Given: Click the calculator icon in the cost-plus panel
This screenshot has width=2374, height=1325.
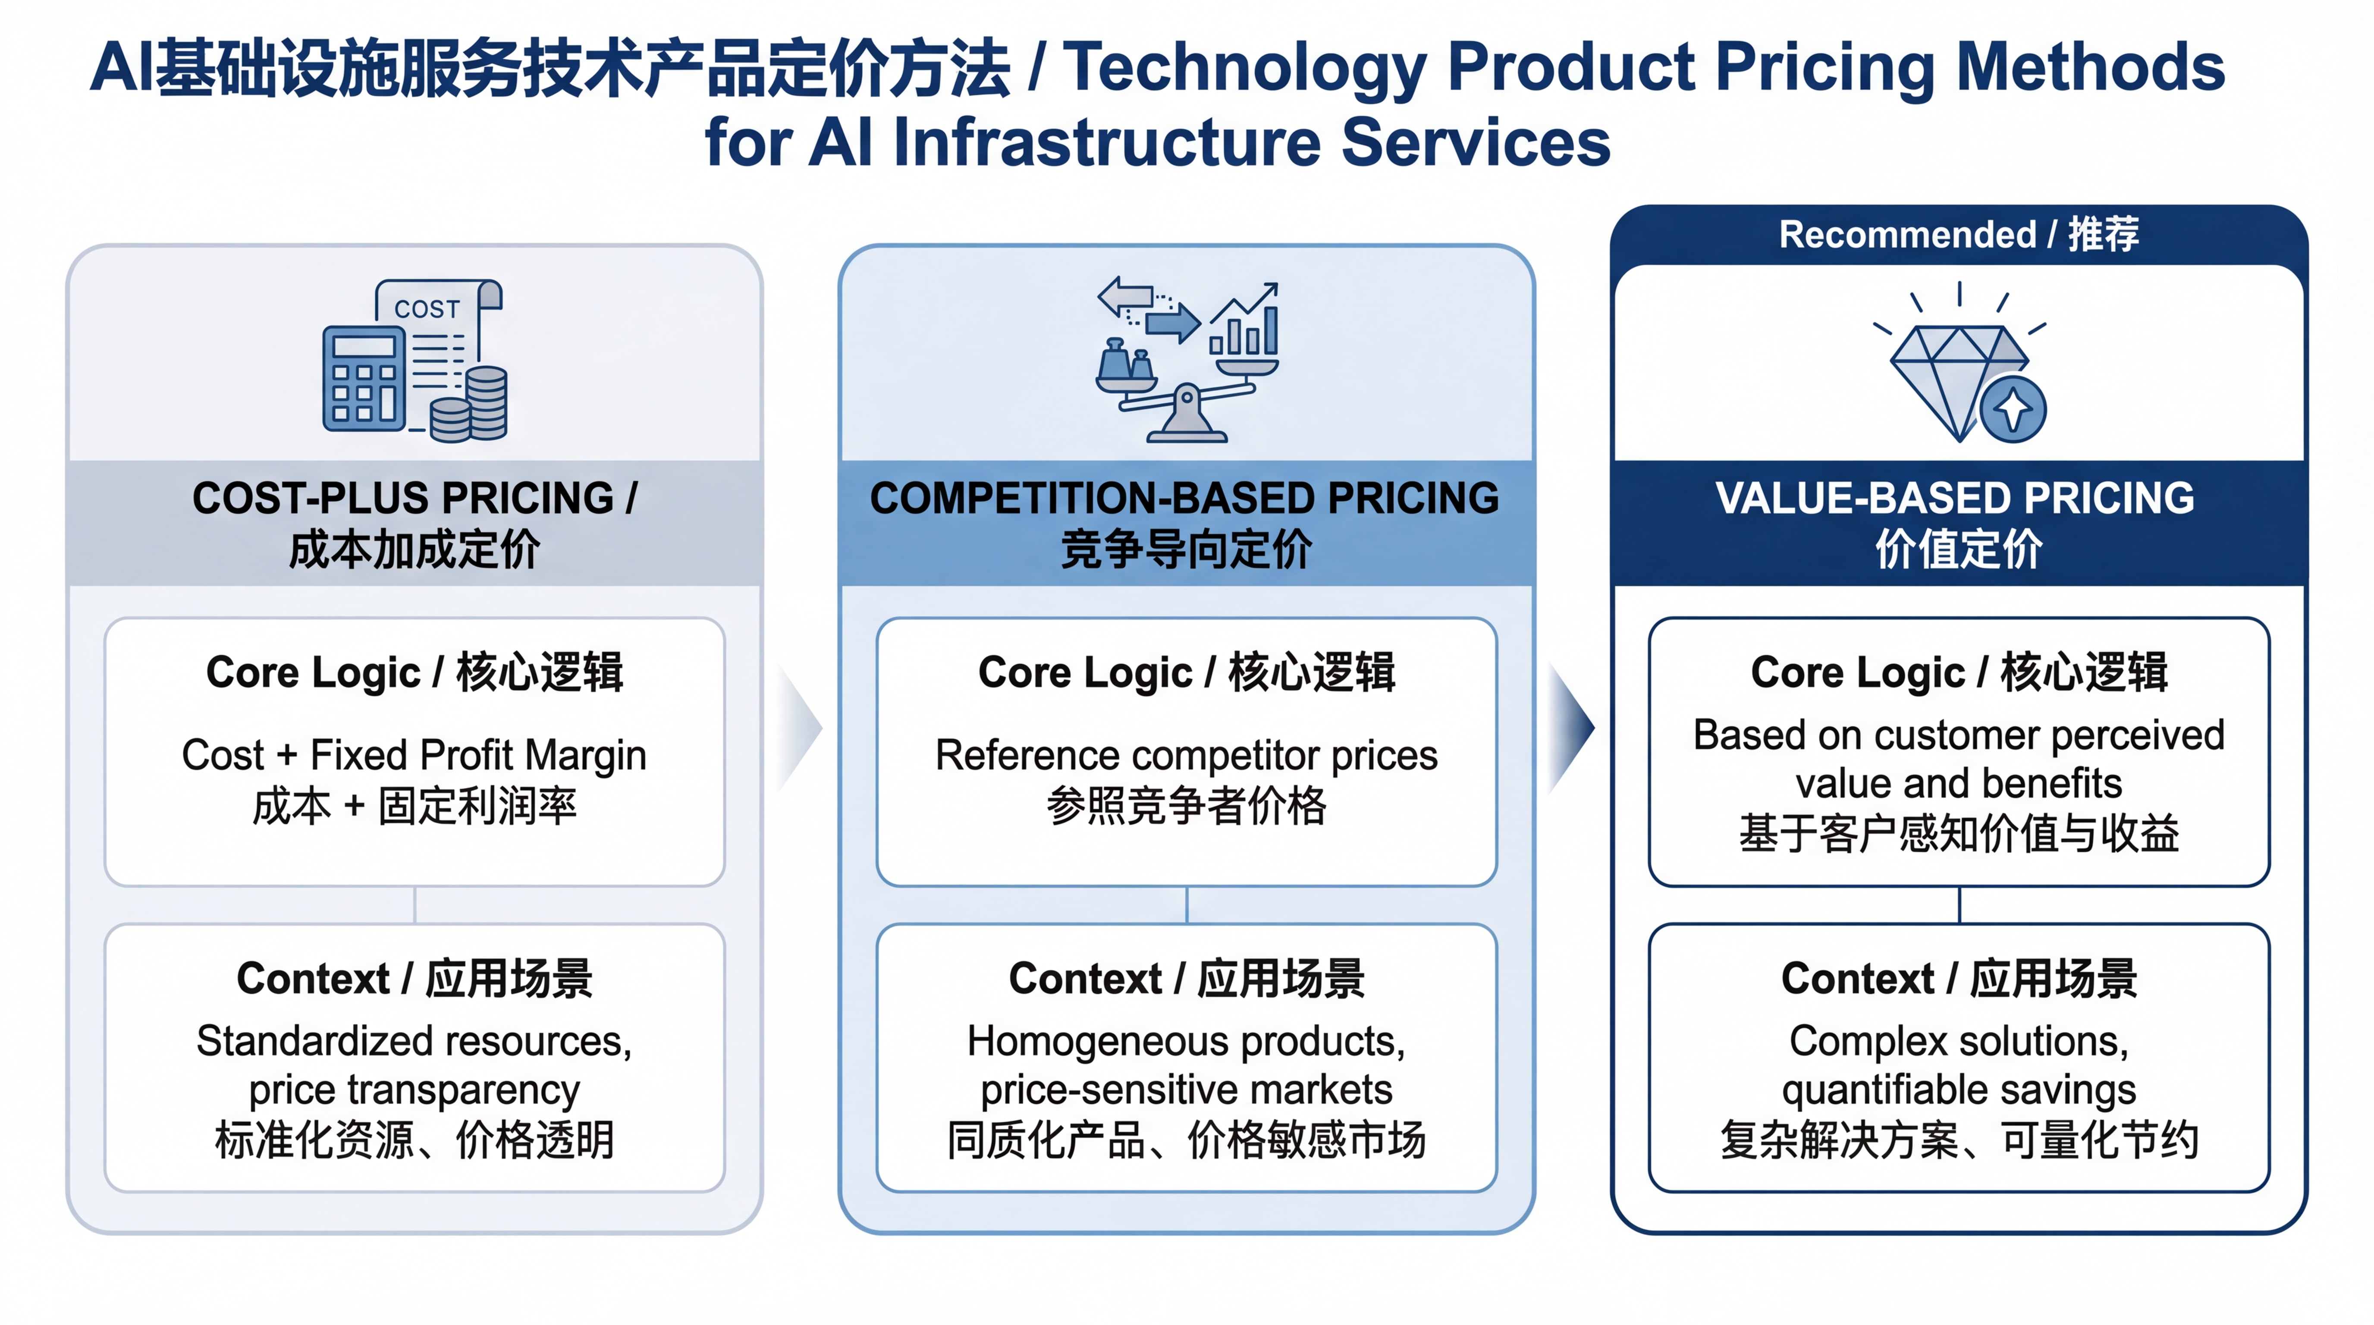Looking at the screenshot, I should click(363, 378).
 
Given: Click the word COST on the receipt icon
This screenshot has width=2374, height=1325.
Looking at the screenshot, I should click(427, 309).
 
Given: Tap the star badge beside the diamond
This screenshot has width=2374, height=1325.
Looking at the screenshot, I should click(2014, 408).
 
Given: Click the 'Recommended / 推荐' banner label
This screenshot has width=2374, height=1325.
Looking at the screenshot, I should click(1958, 235).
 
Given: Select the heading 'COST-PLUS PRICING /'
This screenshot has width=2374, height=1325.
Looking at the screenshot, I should click(415, 499).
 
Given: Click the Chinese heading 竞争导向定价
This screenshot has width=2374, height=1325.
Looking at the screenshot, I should click(1186, 550).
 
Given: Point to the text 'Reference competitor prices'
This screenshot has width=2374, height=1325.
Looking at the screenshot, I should click(1186, 756).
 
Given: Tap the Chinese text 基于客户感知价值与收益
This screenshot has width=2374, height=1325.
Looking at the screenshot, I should click(1958, 834).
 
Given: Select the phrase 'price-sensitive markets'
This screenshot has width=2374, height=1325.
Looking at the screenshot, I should click(1186, 1090).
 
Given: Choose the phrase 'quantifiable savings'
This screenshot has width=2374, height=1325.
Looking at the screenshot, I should click(1958, 1090).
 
